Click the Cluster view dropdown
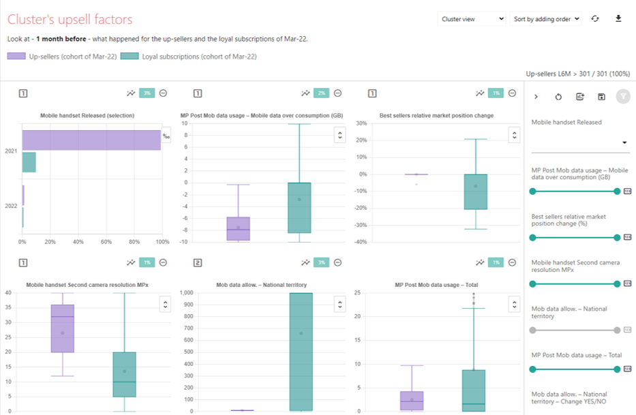click(472, 19)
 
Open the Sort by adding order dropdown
click(546, 19)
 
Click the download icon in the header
click(618, 18)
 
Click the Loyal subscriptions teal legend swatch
click(130, 57)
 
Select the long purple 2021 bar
click(91, 140)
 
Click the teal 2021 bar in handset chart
click(29, 162)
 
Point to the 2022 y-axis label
click(11, 206)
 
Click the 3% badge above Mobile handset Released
click(147, 93)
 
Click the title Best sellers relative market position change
click(436, 116)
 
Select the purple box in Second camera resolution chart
click(63, 328)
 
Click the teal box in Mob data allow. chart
click(301, 352)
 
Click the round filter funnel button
click(623, 97)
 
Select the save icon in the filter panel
click(601, 97)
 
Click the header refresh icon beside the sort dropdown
click(595, 19)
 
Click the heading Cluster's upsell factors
click(70, 20)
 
